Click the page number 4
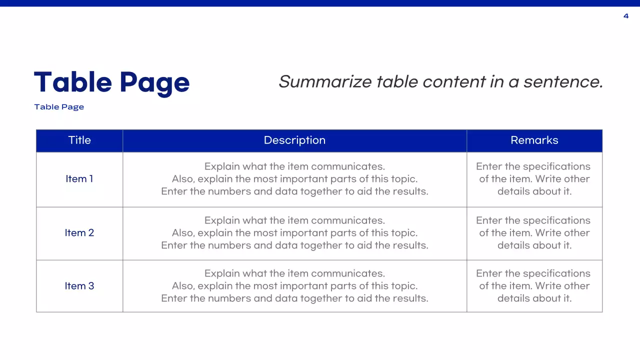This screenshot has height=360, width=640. coord(626,16)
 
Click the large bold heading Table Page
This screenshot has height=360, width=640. coord(111,82)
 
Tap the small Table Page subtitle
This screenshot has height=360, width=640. coord(59,107)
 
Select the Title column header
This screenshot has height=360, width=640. coord(79,140)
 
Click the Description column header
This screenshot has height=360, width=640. coord(294,140)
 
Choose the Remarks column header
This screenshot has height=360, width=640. coord(534,140)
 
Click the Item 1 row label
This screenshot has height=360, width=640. coord(79,179)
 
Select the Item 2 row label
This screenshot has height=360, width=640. coord(79,233)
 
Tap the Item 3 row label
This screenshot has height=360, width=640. coord(79,286)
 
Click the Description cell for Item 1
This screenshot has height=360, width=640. coord(294,179)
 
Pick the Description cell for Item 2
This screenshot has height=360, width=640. coord(294,233)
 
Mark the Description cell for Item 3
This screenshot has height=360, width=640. coord(294,286)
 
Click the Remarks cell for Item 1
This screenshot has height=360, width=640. coord(534,179)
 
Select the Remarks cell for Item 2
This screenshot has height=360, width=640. coord(534,233)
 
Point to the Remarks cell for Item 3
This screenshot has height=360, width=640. coord(534,286)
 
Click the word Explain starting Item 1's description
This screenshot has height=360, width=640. coord(222,167)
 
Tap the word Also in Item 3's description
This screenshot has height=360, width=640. coord(183,286)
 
